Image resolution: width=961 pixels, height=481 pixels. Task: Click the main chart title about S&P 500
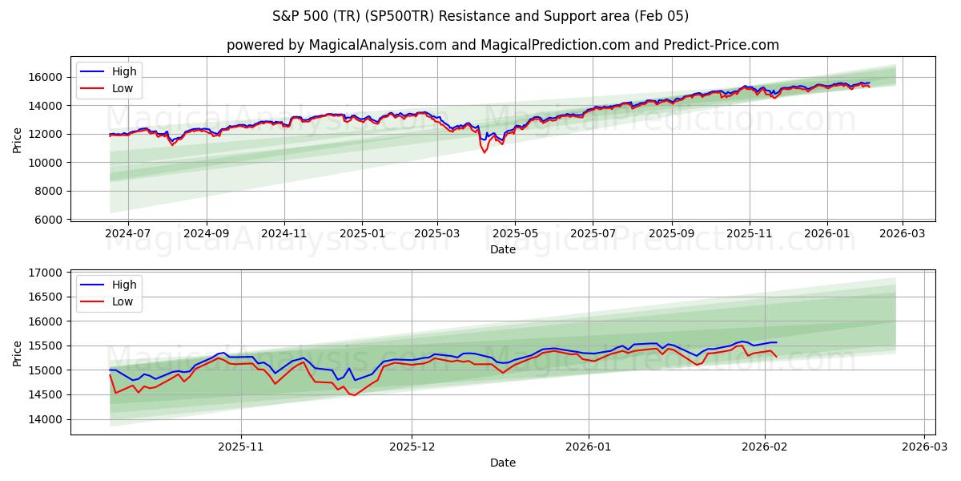(480, 16)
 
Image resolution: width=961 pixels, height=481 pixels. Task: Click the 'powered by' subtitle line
(502, 45)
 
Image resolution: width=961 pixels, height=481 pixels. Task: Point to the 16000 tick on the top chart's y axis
(46, 77)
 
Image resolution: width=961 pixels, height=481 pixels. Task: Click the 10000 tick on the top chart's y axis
(46, 163)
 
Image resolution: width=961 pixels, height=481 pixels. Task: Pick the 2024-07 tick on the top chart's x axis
(129, 233)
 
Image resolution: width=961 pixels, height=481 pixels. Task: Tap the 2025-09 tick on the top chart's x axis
(671, 233)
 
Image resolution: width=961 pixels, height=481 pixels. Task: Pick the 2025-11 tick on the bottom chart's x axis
(241, 447)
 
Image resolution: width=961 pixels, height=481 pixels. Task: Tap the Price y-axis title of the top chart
(18, 139)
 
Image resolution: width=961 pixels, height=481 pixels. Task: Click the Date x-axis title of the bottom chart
(502, 463)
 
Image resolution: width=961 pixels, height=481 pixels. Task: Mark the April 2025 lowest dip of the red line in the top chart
(484, 152)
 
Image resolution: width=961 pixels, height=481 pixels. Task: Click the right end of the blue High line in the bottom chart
(776, 342)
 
